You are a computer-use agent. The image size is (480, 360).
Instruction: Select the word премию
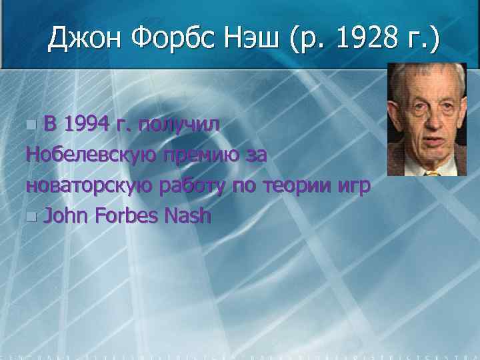point(203,156)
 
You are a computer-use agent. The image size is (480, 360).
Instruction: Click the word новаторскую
point(89,186)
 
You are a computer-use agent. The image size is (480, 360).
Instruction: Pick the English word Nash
point(187,216)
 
